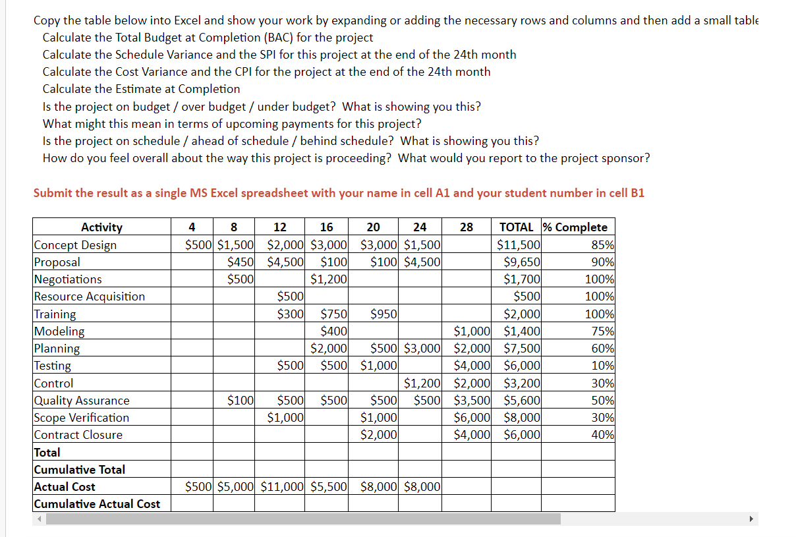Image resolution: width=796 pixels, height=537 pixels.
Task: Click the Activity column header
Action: coord(101,227)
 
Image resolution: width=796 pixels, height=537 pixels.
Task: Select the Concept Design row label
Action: coord(75,245)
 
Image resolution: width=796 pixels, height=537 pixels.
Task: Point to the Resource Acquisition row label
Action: coord(90,297)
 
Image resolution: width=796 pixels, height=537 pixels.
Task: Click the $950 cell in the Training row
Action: coord(384,314)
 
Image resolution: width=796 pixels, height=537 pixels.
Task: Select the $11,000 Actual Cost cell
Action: coord(283,487)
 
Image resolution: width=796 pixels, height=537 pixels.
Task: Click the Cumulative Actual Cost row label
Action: coord(97,504)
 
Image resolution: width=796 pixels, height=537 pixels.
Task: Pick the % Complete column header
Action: coord(575,227)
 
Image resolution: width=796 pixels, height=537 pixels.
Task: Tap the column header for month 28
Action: coord(466,227)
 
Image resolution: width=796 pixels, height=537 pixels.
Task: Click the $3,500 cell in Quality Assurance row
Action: coord(472,401)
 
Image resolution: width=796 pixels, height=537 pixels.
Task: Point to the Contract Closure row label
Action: coord(78,435)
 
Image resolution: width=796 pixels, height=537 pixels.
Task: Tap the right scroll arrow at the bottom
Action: coord(751,519)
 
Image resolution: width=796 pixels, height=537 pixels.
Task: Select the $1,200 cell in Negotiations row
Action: coord(328,279)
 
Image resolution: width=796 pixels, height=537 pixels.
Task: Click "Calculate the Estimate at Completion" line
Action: coord(142,89)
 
